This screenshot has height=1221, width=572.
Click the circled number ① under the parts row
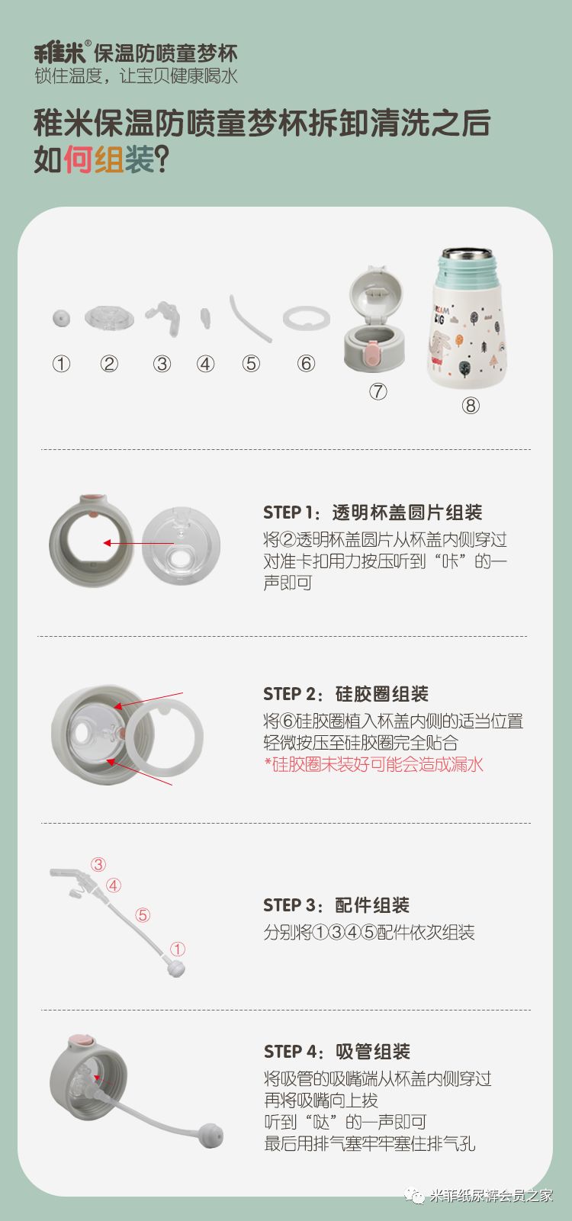click(x=61, y=364)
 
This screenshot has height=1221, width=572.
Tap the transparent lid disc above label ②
click(x=109, y=317)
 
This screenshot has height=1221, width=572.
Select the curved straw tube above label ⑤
click(x=250, y=318)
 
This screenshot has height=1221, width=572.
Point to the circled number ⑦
click(x=378, y=391)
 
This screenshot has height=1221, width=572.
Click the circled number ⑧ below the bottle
click(x=471, y=406)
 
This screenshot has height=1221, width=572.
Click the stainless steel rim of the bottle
click(x=468, y=254)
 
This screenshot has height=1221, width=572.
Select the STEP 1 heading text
click(x=372, y=512)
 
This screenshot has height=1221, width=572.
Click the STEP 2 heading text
click(x=345, y=694)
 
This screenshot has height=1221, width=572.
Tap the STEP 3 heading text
click(x=336, y=905)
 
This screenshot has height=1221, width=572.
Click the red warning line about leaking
click(x=374, y=764)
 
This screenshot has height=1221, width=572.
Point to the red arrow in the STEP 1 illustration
click(x=139, y=543)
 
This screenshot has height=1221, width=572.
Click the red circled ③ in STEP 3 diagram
click(x=98, y=865)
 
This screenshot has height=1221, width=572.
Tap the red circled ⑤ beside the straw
click(x=143, y=914)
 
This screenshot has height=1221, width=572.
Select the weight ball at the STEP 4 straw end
click(x=211, y=1136)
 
